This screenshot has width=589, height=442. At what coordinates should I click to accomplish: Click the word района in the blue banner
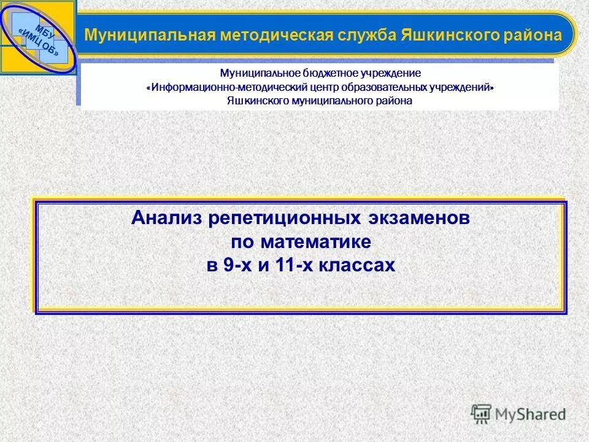(x=534, y=34)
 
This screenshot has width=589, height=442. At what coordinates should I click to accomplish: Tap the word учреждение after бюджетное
(x=390, y=73)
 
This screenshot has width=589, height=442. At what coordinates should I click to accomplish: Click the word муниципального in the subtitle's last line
(x=329, y=101)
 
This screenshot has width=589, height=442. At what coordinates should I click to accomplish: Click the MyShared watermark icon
(x=482, y=414)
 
